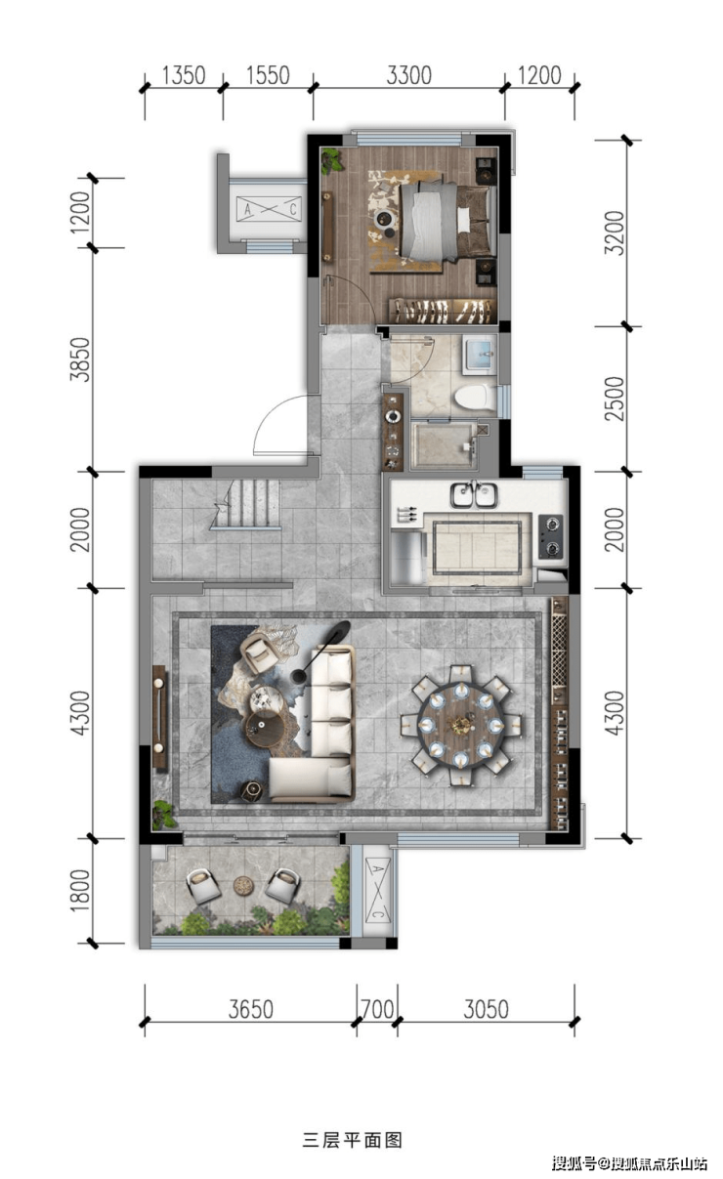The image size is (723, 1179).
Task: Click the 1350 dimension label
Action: [184, 75]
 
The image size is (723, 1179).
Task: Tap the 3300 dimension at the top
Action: [408, 75]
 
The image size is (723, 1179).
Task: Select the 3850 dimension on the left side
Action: [80, 358]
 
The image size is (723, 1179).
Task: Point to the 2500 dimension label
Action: [614, 399]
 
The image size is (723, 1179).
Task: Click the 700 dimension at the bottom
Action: [377, 1009]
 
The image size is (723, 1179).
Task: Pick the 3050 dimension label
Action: [486, 1009]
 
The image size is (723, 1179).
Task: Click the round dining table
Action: [461, 726]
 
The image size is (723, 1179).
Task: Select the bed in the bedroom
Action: [448, 222]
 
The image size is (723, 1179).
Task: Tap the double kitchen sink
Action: [474, 495]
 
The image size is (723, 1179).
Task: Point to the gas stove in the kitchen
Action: [550, 537]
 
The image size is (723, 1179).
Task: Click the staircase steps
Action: [246, 504]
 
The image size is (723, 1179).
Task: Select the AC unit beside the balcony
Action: [377, 890]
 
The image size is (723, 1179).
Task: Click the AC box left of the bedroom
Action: [268, 209]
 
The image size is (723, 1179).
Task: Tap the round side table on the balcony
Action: [243, 885]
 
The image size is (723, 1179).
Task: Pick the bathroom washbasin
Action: [481, 354]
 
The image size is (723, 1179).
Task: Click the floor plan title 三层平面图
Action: [353, 1140]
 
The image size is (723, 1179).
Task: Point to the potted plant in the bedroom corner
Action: [332, 160]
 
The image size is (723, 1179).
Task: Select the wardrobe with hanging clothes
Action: [443, 311]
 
